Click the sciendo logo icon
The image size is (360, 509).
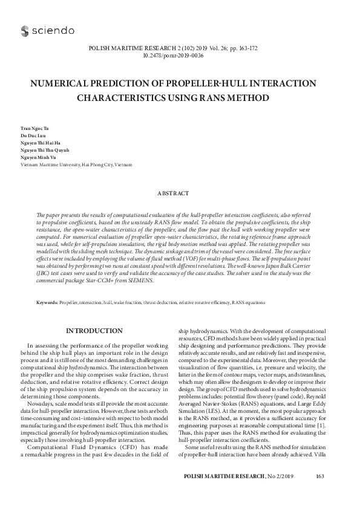pyautogui.click(x=25, y=30)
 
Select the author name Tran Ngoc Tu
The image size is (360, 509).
pyautogui.click(x=33, y=129)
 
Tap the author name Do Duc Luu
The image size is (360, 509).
pyautogui.click(x=31, y=138)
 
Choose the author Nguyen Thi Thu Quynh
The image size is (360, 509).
pyautogui.click(x=44, y=155)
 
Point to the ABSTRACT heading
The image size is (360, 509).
pyautogui.click(x=180, y=193)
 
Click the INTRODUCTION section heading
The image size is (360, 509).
pyautogui.click(x=94, y=331)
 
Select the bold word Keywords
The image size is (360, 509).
pyautogui.click(x=47, y=301)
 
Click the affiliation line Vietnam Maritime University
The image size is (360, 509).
pyautogui.click(x=76, y=165)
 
